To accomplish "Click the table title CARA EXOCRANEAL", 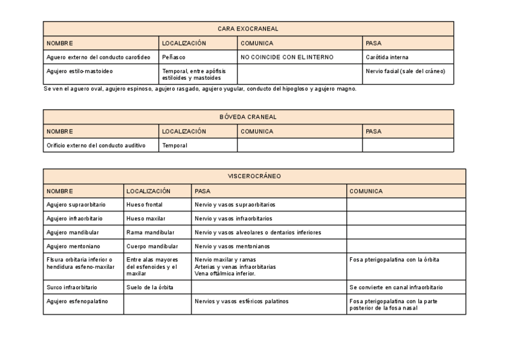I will click(248, 29).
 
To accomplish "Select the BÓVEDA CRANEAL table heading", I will click(248, 116).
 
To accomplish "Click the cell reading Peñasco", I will click(173, 58).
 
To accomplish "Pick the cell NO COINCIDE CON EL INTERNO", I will click(287, 58).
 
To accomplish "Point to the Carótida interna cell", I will click(387, 58).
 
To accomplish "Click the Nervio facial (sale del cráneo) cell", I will click(405, 71).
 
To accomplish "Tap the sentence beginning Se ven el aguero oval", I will click(200, 89).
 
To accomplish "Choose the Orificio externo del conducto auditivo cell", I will click(96, 145).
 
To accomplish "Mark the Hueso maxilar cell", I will click(146, 218).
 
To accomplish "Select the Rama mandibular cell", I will click(150, 232).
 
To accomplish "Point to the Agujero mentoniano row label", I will click(73, 246).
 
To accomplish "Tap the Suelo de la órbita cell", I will click(150, 287).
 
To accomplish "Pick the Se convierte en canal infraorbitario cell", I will click(396, 287).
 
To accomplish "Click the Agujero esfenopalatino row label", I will click(77, 301).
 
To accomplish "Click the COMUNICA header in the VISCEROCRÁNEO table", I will click(366, 191).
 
